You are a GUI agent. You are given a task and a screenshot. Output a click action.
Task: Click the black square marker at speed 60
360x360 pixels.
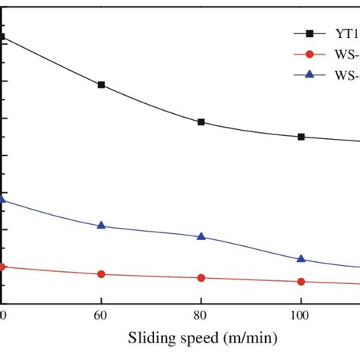point(101,85)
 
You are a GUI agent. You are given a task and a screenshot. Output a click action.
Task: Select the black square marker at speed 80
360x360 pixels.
point(201,122)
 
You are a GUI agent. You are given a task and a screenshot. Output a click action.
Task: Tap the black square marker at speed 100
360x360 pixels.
point(302,137)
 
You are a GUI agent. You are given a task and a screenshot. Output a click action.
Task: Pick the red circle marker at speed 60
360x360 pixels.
point(101,274)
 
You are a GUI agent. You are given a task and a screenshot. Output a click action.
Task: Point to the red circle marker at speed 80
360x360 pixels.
point(201,278)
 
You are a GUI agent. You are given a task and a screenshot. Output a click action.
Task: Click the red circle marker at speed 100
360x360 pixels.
point(302,282)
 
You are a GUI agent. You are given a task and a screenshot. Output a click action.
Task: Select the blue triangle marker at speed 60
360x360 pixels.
point(101,226)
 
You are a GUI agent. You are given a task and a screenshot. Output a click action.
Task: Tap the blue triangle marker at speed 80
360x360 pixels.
point(201,236)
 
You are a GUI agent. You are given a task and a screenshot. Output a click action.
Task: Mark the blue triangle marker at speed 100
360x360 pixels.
point(302,259)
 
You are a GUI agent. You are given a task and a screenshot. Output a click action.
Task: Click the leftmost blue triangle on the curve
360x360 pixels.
point(2,199)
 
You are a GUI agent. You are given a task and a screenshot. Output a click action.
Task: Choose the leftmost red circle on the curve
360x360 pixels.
point(2,267)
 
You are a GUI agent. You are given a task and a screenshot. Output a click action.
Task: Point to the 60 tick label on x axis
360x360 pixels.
point(101,313)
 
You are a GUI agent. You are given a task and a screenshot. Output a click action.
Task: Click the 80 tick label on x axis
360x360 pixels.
point(201,313)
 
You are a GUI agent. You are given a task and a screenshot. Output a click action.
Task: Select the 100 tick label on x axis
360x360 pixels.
point(302,313)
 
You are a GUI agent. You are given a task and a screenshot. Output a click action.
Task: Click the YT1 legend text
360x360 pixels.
point(346,33)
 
